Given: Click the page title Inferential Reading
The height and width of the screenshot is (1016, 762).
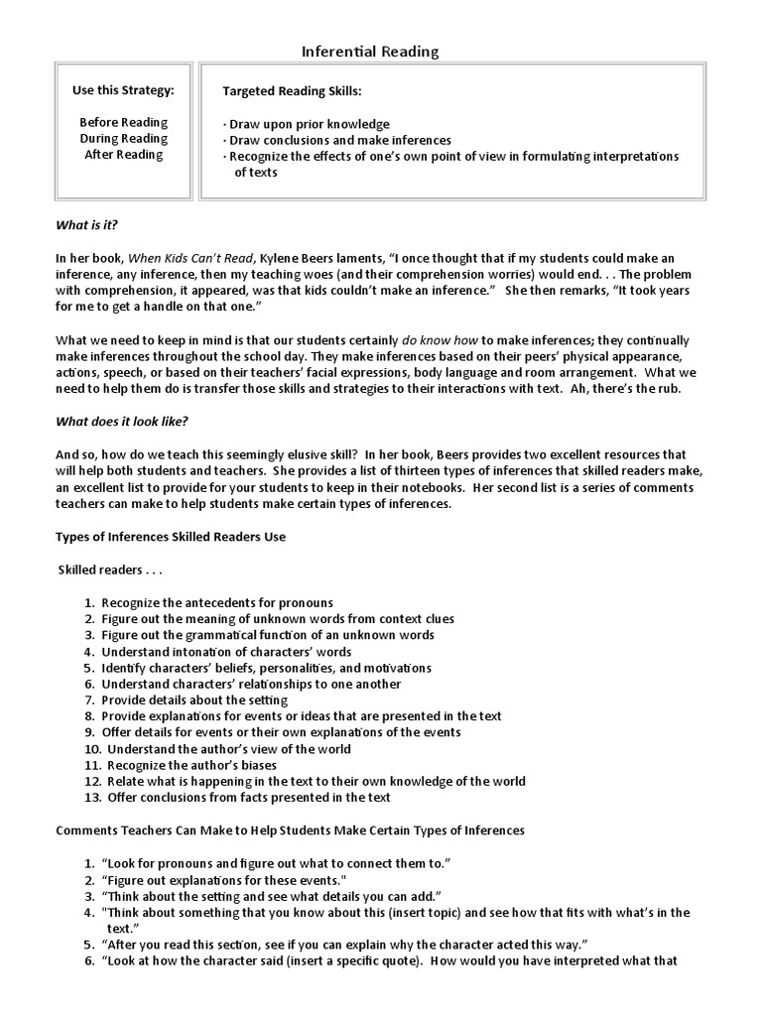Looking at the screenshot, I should (369, 51).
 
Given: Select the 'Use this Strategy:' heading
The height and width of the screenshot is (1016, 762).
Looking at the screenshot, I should (123, 91).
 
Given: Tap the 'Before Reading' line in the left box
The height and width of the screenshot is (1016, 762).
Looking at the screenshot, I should (123, 123).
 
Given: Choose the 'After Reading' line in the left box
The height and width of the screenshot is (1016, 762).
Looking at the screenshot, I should (123, 155).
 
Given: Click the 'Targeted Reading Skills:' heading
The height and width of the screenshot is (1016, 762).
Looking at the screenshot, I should (293, 91).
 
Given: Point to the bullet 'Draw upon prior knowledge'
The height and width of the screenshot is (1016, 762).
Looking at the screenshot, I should (307, 124).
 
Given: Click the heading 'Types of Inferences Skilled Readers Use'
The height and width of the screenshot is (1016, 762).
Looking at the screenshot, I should (171, 537).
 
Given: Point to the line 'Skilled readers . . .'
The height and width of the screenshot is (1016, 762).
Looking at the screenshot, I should (110, 571).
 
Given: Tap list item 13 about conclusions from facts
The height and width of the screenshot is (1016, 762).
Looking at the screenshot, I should (245, 797).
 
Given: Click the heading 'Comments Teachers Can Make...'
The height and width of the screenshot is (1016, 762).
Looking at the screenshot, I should (290, 829).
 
